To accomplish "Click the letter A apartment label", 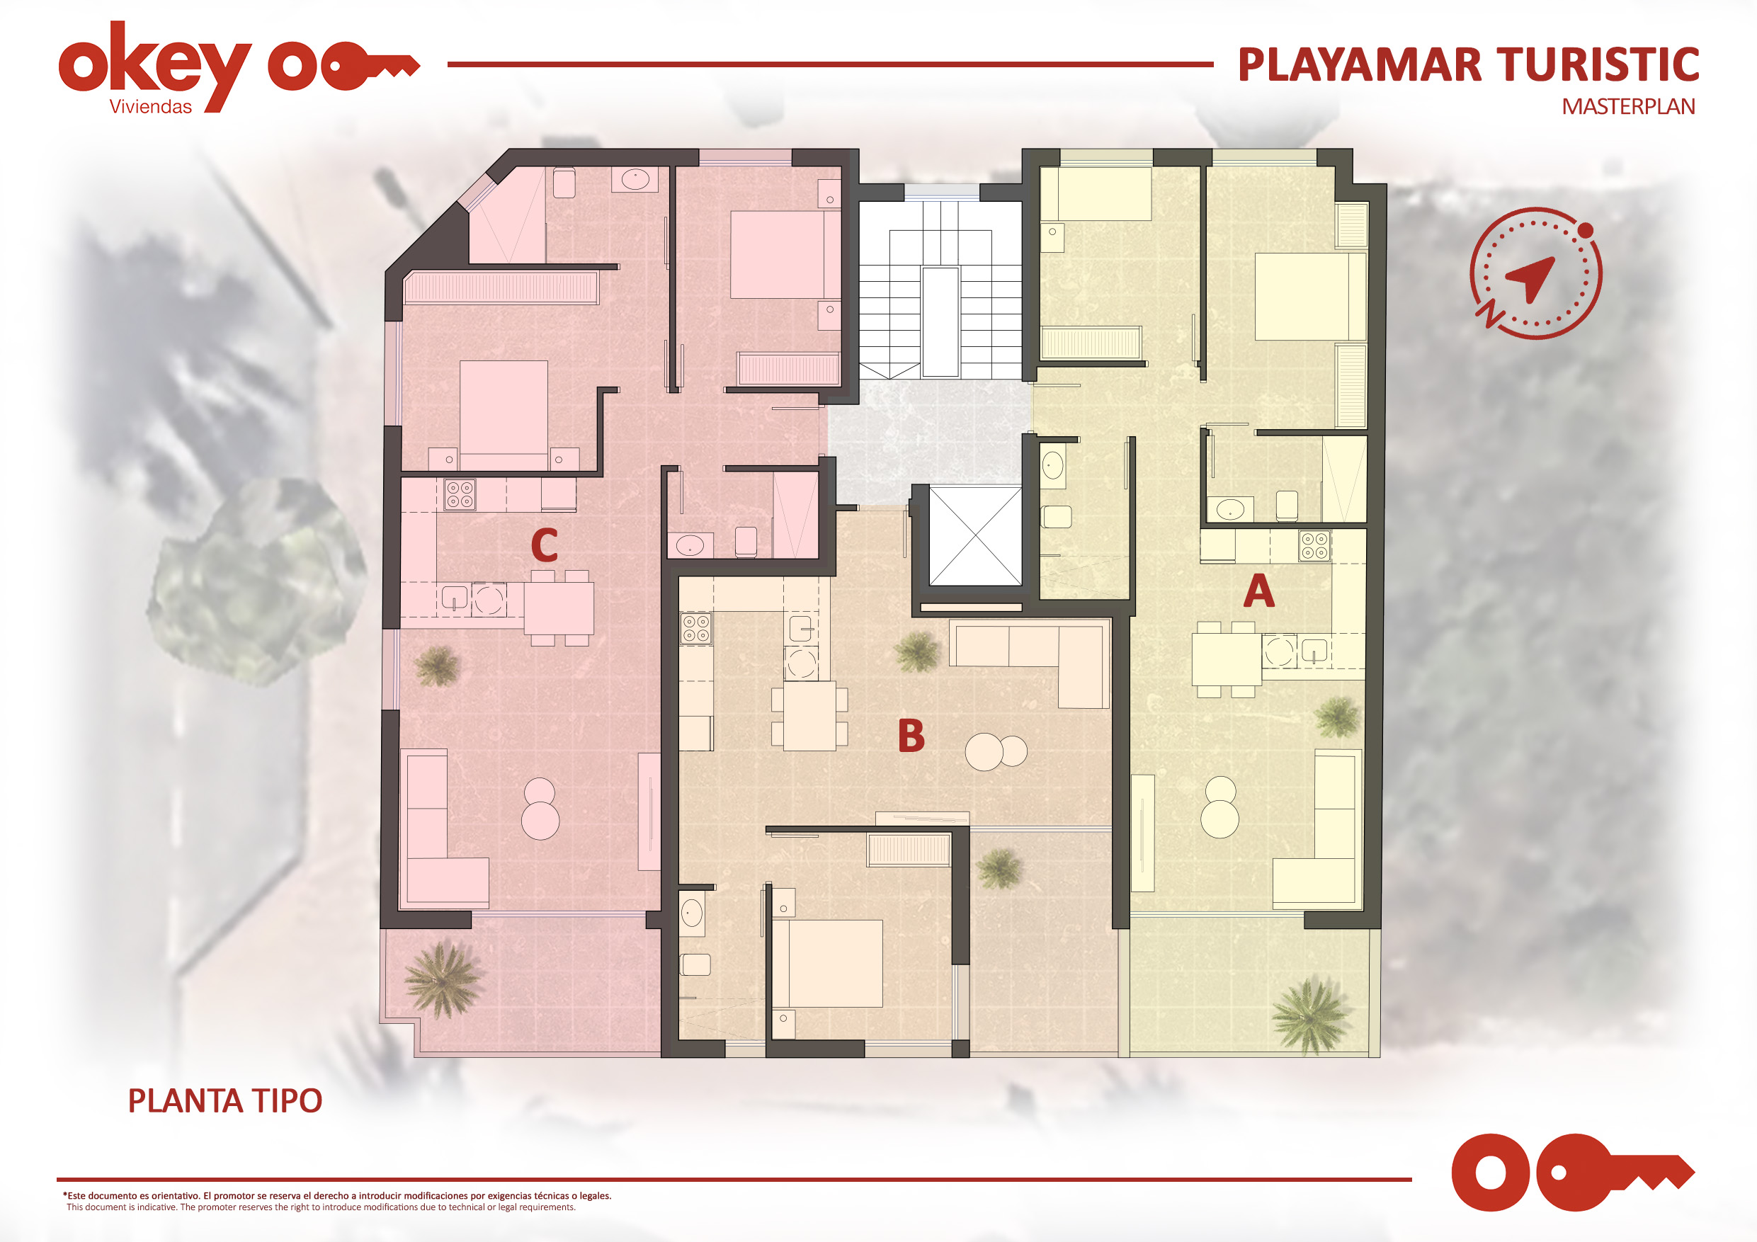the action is click(1259, 591).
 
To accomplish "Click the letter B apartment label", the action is click(911, 736).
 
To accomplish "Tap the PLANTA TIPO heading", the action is click(225, 1100).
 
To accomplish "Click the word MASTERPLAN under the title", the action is click(1628, 106).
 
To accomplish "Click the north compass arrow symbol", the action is click(1535, 273).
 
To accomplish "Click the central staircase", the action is click(940, 290).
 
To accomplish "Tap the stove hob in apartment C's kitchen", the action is click(460, 494).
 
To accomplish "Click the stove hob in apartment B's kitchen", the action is click(696, 627).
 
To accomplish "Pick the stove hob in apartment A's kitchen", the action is click(1314, 546).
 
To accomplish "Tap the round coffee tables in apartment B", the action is click(996, 751).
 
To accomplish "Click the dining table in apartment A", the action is click(1226, 659).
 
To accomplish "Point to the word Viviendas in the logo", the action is click(151, 107).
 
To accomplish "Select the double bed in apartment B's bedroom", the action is click(827, 964).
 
